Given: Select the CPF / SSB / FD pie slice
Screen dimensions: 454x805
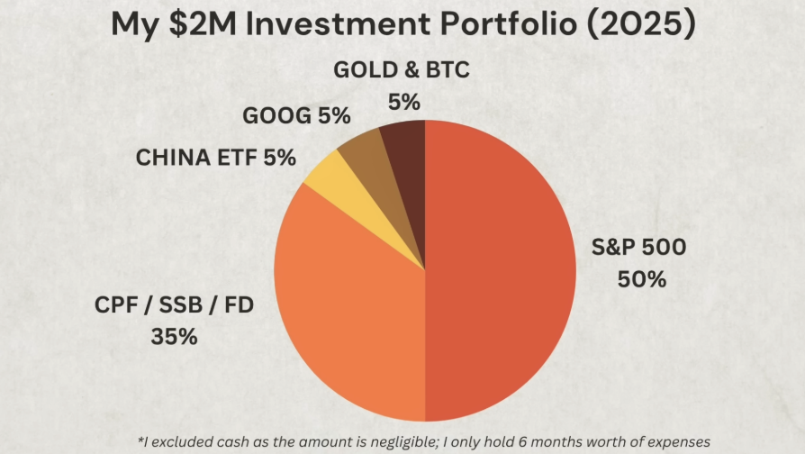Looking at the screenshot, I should [347, 306].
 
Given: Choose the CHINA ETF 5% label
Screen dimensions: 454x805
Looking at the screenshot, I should [216, 158].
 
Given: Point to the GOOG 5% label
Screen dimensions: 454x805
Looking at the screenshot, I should [296, 115].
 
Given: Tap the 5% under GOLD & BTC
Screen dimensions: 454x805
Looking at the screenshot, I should [404, 102].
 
